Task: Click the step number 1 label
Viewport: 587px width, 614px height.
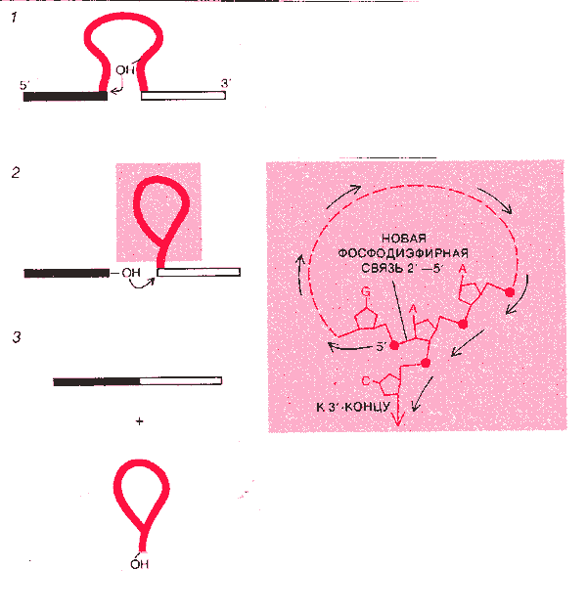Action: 15,18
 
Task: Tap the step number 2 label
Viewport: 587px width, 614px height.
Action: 16,172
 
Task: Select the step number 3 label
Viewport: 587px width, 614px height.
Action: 17,337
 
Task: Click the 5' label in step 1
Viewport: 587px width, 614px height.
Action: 24,85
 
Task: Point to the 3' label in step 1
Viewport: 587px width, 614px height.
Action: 225,83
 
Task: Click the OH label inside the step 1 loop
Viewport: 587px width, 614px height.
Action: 125,70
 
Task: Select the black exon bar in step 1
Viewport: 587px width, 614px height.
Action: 66,96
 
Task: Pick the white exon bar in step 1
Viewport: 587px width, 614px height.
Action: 183,96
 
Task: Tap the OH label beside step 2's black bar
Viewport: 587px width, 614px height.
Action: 131,273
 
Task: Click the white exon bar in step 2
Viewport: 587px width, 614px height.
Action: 199,272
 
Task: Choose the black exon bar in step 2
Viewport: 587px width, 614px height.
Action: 67,273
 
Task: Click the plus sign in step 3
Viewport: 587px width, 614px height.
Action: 140,421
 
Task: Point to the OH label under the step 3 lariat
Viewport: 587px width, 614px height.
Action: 140,564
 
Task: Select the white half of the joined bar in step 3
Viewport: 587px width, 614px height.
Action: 181,380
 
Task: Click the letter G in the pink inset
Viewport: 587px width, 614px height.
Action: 365,291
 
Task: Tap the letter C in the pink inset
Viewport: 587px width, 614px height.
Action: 366,380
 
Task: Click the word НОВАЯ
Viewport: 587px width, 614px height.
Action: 404,239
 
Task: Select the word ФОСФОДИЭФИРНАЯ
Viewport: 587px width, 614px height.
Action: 403,253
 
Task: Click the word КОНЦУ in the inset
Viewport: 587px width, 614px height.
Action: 368,408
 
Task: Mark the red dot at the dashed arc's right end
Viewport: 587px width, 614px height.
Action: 510,292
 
